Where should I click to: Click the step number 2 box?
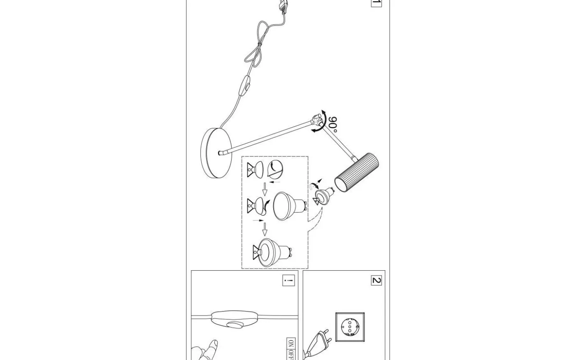pos(376,280)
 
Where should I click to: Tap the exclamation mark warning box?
pos(288,280)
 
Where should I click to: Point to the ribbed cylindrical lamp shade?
pos(356,172)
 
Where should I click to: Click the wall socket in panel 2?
pos(350,327)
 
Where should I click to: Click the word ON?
pos(290,343)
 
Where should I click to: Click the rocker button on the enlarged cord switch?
pos(234,325)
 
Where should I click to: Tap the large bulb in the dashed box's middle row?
pos(289,206)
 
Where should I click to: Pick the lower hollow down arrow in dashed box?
pos(265,229)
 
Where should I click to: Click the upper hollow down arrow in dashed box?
pos(265,189)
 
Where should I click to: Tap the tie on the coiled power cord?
pos(260,44)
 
